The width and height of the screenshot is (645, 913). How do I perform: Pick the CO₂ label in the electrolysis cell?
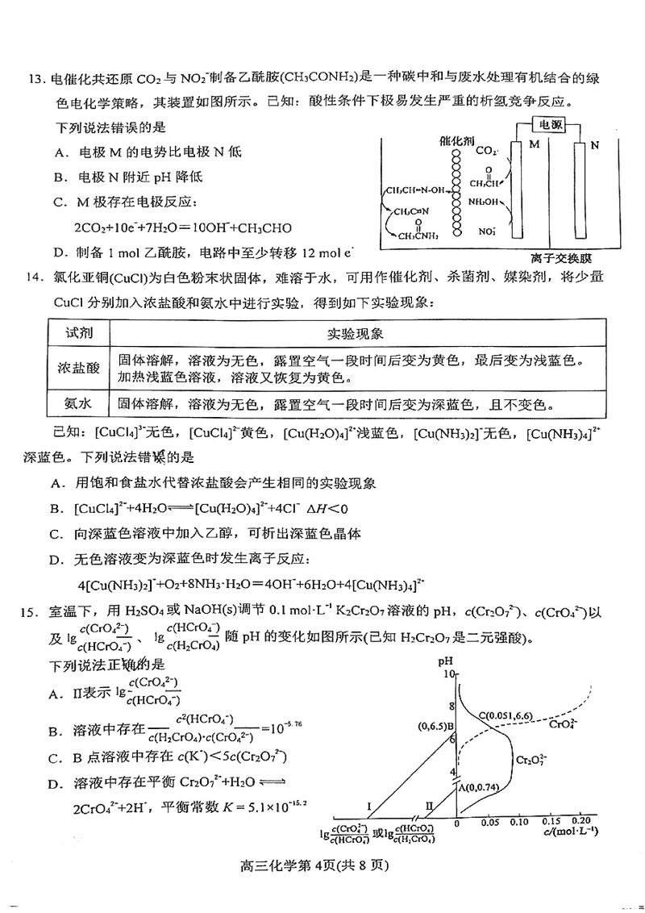tap(488, 150)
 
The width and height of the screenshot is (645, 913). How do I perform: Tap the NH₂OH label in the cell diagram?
tap(485, 202)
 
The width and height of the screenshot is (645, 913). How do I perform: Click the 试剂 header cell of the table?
tap(78, 333)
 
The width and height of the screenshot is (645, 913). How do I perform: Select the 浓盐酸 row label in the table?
tap(78, 367)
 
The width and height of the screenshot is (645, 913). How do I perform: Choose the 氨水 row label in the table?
tap(78, 402)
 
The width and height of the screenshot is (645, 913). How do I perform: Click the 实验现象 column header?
tap(355, 333)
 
